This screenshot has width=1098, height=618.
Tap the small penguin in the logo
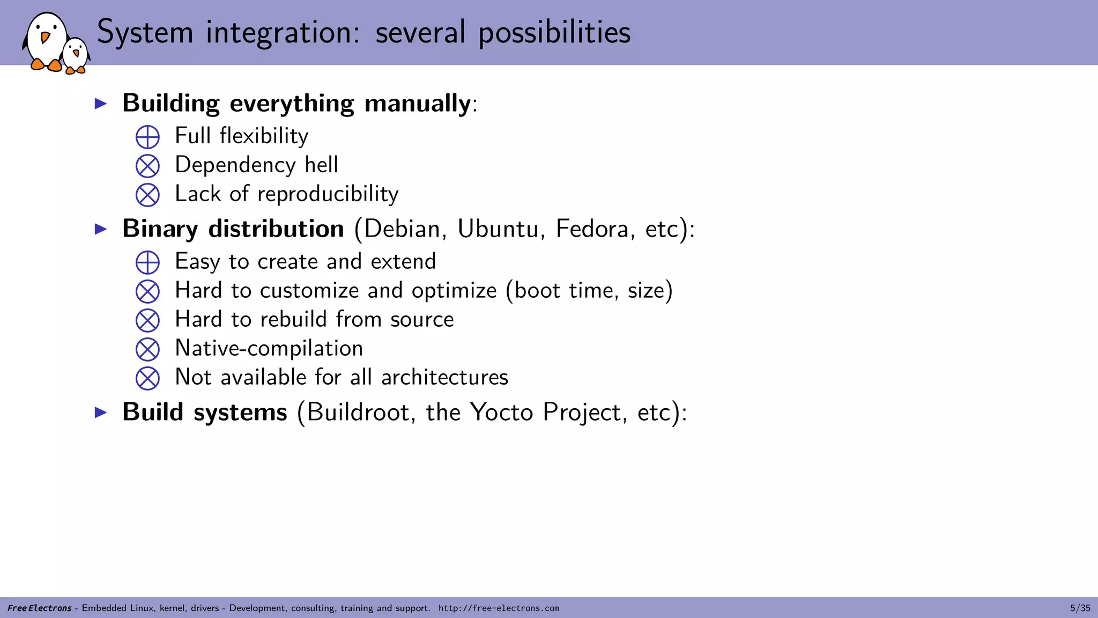click(x=76, y=56)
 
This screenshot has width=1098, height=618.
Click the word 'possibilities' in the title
click(x=554, y=32)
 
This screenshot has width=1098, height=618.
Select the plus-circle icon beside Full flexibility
click(x=147, y=137)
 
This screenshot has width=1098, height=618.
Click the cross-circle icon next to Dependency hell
click(x=147, y=166)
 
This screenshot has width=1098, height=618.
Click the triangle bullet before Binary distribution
click(x=101, y=229)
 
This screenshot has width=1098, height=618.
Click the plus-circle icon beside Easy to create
click(x=147, y=262)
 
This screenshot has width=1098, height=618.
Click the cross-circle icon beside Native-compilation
click(x=147, y=349)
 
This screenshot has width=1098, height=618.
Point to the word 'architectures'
click(x=444, y=377)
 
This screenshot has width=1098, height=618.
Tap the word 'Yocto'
click(x=502, y=413)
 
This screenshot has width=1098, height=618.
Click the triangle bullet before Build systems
click(x=101, y=413)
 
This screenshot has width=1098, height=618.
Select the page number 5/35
click(x=1080, y=608)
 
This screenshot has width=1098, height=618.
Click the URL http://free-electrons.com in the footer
click(x=499, y=608)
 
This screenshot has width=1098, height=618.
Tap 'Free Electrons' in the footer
click(x=39, y=608)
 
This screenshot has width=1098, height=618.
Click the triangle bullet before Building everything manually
click(x=101, y=104)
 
